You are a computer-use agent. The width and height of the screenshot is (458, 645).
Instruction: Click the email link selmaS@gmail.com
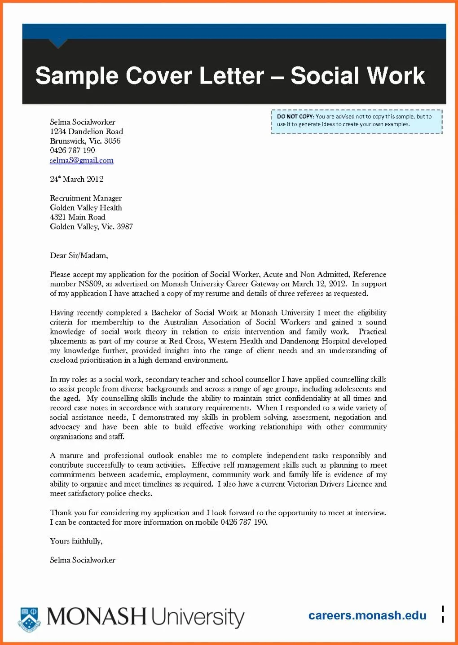pos(82,160)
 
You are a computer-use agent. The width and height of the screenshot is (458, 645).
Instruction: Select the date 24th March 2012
pos(77,179)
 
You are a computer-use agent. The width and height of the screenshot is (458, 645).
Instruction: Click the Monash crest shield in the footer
pos(29,619)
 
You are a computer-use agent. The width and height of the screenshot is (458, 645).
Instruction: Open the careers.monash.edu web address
pos(367,615)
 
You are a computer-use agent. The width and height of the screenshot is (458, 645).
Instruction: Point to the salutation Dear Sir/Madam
pos(79,255)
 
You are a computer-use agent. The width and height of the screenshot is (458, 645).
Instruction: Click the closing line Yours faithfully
pos(76,541)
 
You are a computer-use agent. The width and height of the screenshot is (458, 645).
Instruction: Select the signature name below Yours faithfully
pos(83,560)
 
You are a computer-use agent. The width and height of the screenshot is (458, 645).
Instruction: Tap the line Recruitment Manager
pos(86,198)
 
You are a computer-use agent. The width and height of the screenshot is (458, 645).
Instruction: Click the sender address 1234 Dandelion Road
pos(87,132)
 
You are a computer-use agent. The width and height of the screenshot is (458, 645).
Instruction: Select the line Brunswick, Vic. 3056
pos(85,141)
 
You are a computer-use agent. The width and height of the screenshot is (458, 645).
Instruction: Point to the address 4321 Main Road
pos(78,217)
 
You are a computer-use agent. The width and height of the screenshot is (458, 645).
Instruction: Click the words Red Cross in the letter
pos(186,341)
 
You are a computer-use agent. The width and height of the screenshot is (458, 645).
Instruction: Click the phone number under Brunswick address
pos(72,150)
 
